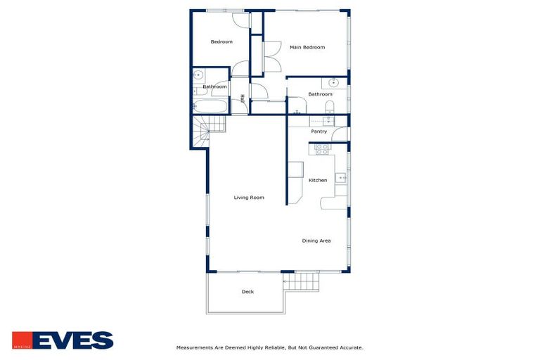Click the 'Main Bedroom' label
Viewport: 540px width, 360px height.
pos(307,47)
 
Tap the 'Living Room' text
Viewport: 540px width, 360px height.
pos(249,198)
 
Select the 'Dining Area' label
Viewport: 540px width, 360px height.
pos(316,240)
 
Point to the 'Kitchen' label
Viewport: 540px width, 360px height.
pos(318,180)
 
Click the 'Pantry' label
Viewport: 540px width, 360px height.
pos(319,131)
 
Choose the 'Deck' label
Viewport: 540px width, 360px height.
pos(247,292)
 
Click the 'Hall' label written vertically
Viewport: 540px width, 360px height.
pos(243,99)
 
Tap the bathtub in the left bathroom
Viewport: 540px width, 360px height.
pos(212,108)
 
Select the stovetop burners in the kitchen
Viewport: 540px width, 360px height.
pos(322,148)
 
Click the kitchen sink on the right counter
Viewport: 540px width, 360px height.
pos(340,178)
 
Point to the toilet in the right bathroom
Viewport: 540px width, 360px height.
pos(329,107)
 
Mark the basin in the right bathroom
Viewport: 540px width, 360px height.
pos(333,82)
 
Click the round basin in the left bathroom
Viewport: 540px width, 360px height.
pos(198,75)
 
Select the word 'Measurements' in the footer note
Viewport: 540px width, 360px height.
pos(194,347)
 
